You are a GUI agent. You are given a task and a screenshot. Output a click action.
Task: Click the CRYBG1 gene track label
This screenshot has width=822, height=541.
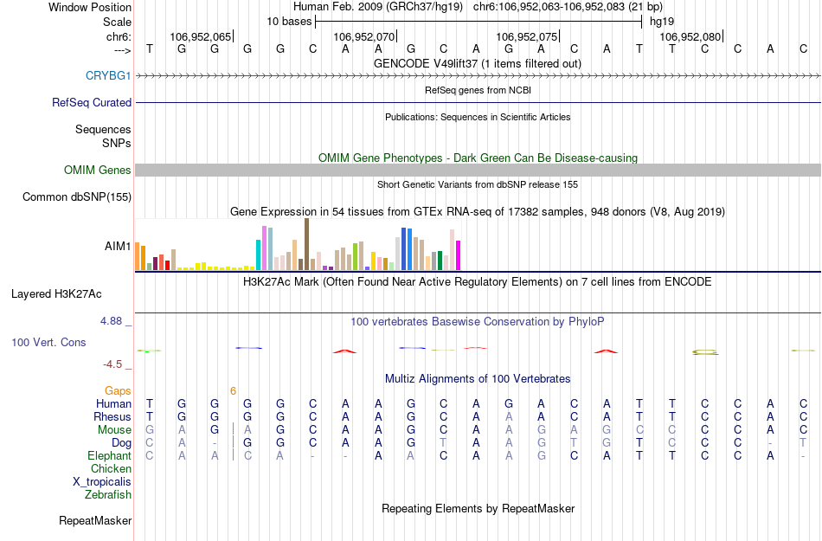click(108, 76)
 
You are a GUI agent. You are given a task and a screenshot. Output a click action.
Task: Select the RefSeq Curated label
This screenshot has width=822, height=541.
click(92, 102)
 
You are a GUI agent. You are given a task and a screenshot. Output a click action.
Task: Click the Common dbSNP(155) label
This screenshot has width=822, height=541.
click(77, 197)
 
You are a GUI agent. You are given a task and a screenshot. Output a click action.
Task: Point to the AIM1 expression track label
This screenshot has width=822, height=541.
click(118, 247)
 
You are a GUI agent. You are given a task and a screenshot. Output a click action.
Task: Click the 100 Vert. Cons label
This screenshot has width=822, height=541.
click(48, 343)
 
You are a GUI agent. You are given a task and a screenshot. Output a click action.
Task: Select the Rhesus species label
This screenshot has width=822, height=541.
click(112, 416)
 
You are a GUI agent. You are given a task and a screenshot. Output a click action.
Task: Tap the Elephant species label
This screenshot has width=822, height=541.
click(110, 455)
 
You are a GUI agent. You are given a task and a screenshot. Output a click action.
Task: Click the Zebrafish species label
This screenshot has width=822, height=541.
click(108, 495)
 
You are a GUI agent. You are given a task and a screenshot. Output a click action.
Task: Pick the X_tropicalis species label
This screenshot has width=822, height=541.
click(102, 481)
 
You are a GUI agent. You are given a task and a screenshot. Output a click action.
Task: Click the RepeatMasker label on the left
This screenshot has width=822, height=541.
click(95, 521)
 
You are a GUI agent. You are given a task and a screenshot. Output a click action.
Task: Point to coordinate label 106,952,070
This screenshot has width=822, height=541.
click(363, 37)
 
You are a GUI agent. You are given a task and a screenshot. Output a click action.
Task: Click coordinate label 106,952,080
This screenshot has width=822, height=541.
click(690, 37)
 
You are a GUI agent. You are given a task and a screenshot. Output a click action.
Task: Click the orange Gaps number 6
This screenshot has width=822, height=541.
click(233, 391)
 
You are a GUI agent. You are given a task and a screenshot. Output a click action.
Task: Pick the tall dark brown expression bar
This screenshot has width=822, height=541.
click(306, 244)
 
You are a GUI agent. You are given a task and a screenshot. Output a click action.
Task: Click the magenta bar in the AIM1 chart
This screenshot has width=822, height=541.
click(459, 254)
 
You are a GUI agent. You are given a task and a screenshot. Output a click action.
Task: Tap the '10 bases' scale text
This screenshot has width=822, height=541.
click(289, 21)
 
